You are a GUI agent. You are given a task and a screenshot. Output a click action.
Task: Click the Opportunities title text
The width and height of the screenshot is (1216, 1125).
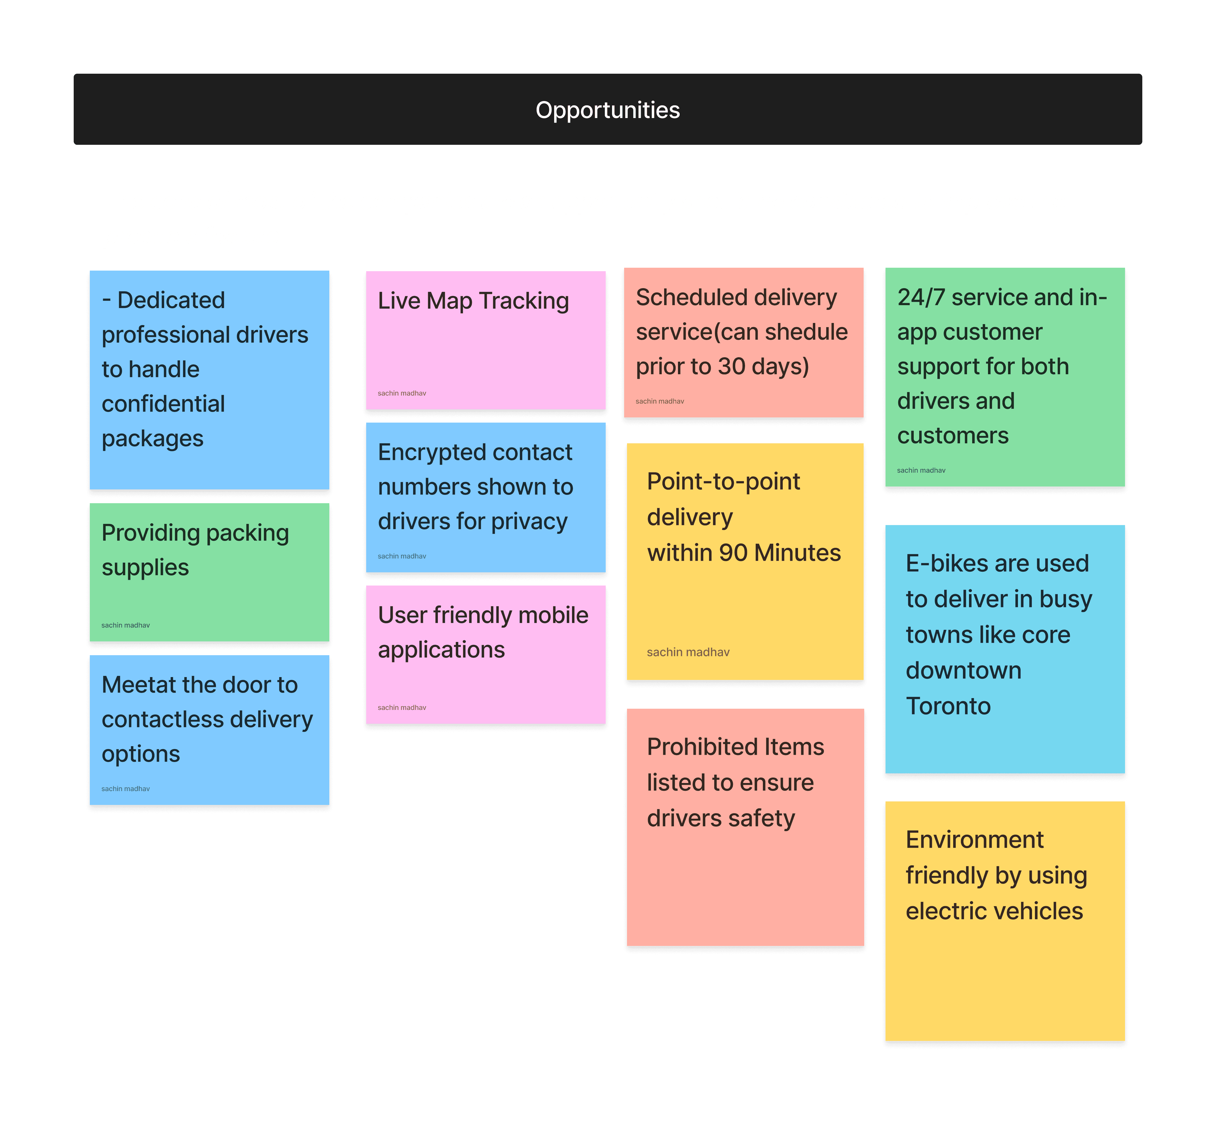pos(607,110)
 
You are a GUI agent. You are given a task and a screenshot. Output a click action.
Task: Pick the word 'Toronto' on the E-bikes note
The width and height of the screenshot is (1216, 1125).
pos(948,706)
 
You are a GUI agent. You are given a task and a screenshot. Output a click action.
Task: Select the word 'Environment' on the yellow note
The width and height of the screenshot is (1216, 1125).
pos(974,840)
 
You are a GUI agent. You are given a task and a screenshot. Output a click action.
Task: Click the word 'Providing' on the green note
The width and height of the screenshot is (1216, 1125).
pos(150,533)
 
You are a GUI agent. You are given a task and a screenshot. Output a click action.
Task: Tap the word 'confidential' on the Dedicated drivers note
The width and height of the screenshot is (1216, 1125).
pos(163,404)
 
